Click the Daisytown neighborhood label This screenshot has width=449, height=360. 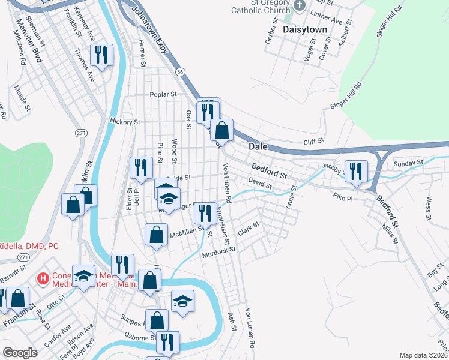pyautogui.click(x=304, y=29)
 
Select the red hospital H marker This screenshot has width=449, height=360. pyautogui.click(x=43, y=278)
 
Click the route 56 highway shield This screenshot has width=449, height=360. pyautogui.click(x=179, y=71)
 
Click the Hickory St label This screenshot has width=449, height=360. pyautogui.click(x=125, y=121)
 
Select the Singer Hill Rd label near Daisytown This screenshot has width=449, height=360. pyautogui.click(x=390, y=22)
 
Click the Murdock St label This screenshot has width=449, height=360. pyautogui.click(x=217, y=253)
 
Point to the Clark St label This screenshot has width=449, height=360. pyautogui.click(x=248, y=228)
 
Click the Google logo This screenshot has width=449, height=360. pyautogui.click(x=20, y=353)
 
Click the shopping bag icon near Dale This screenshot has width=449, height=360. pyautogui.click(x=221, y=130)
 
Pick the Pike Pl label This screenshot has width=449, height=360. pyautogui.click(x=343, y=196)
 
